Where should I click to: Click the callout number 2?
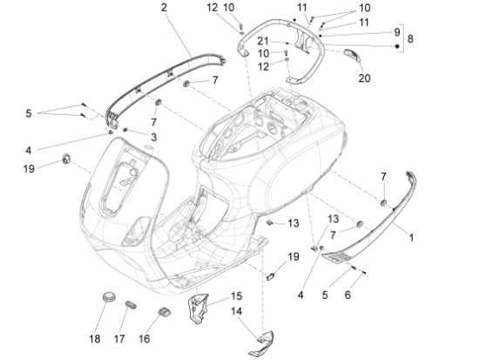164,8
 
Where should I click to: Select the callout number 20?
364,78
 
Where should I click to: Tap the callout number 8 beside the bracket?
410,39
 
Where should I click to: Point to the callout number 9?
396,31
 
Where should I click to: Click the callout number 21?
263,41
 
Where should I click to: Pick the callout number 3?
153,138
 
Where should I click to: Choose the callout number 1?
411,238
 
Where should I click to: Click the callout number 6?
347,295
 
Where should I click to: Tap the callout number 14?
236,311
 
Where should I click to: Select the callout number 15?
236,296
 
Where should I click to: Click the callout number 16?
145,339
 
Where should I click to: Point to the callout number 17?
119,339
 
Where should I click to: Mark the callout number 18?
95,339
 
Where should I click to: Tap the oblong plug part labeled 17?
131,305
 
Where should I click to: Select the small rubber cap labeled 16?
164,312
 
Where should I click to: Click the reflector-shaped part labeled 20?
352,55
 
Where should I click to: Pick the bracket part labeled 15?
198,308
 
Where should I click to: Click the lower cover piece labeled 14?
261,343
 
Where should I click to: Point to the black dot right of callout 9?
397,46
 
